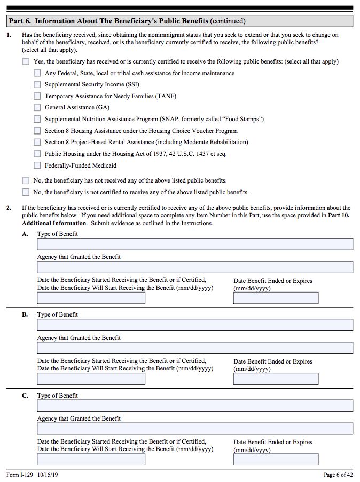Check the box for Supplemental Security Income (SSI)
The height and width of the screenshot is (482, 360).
click(x=37, y=84)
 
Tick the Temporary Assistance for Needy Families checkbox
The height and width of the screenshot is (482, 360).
click(x=37, y=96)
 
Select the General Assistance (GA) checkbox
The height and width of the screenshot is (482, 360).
click(x=37, y=107)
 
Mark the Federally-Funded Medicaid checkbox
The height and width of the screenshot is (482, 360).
click(x=37, y=165)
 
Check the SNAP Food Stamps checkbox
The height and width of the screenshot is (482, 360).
click(x=37, y=119)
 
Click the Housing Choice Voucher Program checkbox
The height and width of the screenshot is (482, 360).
click(x=37, y=131)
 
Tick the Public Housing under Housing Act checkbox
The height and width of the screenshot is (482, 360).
click(x=37, y=154)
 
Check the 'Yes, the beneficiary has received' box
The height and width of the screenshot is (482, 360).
click(x=26, y=61)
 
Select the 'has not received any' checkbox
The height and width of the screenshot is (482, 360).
click(x=26, y=180)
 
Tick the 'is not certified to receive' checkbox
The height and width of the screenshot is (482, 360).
click(x=26, y=192)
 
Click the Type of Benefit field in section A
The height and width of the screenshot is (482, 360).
click(x=195, y=244)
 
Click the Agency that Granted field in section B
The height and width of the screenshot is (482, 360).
click(x=195, y=348)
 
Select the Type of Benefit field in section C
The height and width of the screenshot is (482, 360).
click(x=195, y=406)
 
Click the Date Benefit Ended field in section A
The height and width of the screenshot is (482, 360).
click(x=276, y=298)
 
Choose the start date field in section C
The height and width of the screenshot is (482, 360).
click(x=91, y=460)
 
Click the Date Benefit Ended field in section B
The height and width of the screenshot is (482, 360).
click(x=276, y=379)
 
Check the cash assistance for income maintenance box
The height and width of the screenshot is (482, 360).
click(x=37, y=73)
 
